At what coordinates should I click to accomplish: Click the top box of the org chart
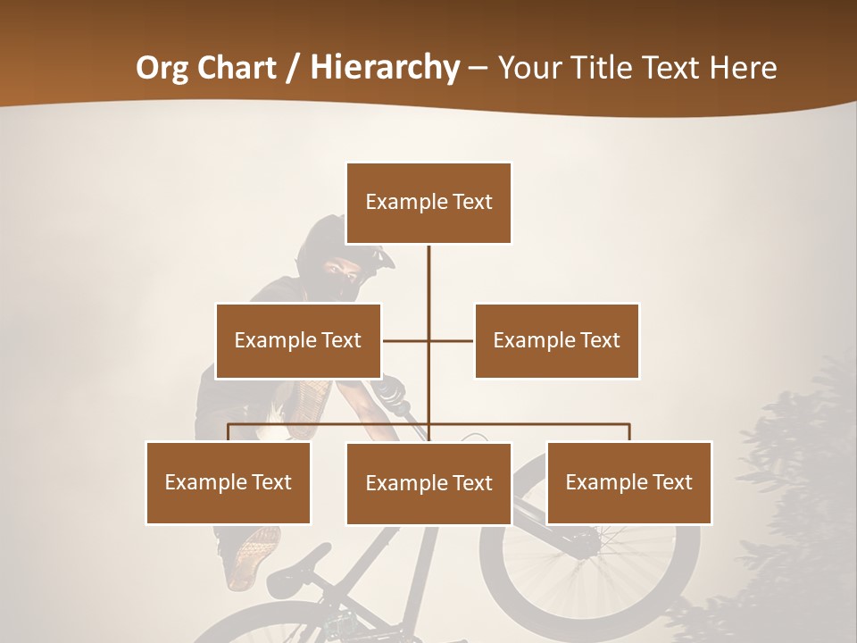tap(428, 203)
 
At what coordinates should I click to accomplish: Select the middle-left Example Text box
tap(298, 340)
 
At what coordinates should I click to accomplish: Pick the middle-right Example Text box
tap(556, 340)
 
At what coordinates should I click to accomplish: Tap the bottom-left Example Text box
tap(229, 482)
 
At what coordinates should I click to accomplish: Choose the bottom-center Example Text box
tap(428, 483)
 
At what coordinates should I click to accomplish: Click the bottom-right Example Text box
tap(628, 482)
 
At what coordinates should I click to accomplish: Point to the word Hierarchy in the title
tap(384, 68)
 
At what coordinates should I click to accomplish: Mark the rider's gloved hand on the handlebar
tap(391, 390)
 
